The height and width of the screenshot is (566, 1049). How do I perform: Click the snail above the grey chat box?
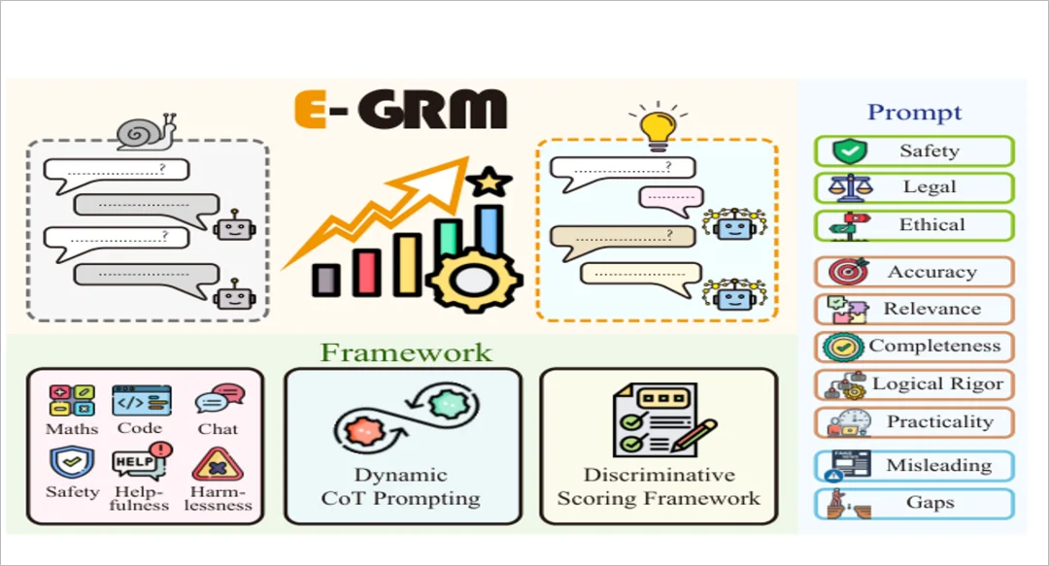click(x=147, y=132)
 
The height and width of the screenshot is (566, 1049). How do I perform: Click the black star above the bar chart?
click(x=489, y=182)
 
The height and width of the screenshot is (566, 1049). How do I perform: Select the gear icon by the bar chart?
click(x=473, y=281)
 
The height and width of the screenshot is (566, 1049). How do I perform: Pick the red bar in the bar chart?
click(x=366, y=272)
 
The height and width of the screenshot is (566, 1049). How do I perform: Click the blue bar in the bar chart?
click(x=489, y=230)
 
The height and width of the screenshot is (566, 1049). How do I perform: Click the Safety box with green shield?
click(x=914, y=151)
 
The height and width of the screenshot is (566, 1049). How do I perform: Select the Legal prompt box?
click(x=914, y=187)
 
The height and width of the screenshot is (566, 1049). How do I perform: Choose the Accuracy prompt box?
click(x=914, y=272)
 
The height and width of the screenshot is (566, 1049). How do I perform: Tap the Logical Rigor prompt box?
click(x=914, y=384)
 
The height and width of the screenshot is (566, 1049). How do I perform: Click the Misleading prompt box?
click(x=914, y=466)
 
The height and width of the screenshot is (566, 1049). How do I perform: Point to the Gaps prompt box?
click(x=914, y=503)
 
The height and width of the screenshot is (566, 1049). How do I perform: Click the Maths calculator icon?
click(x=72, y=400)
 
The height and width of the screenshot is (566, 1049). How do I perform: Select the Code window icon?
click(x=141, y=401)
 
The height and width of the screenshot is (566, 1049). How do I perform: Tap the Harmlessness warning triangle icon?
click(x=217, y=464)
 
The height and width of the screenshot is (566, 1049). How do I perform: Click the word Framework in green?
click(x=406, y=352)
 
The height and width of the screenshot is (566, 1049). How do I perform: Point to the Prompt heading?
click(x=915, y=113)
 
